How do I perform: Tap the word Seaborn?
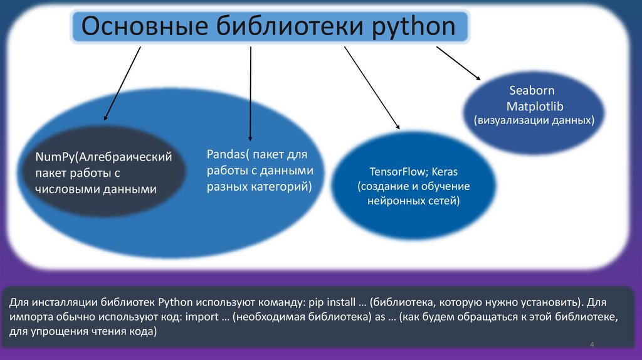(x=532, y=91)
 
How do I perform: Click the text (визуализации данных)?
(x=534, y=120)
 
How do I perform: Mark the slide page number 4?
(x=591, y=346)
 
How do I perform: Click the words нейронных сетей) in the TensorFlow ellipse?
(x=413, y=201)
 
